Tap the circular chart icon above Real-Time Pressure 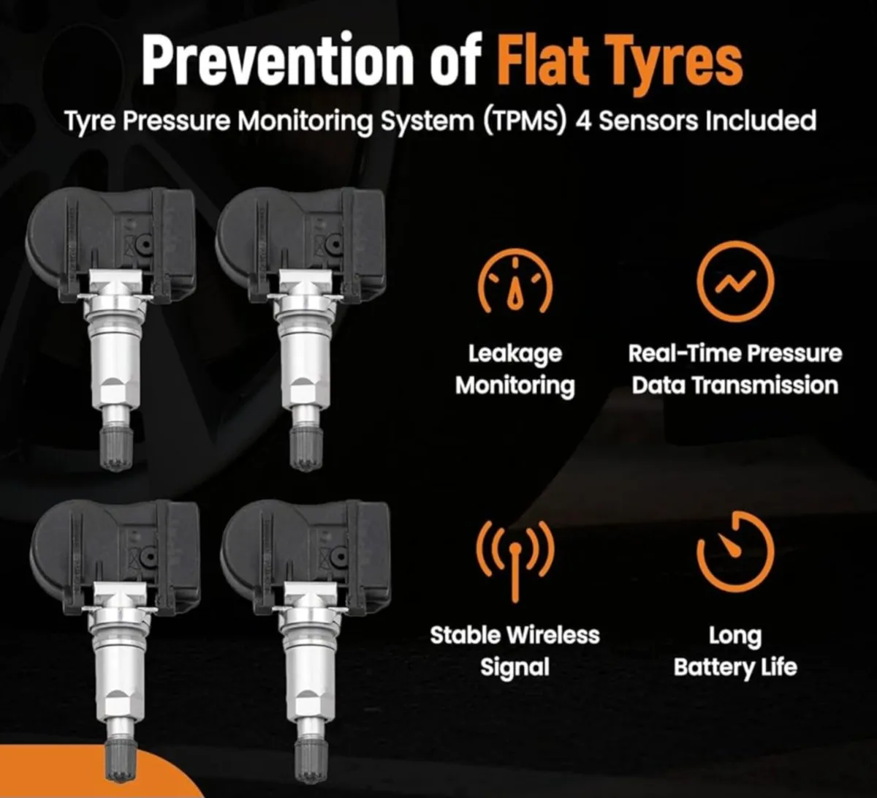pos(734,281)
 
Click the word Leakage pos(515,355)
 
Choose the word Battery pos(708,667)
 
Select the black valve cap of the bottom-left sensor pos(121,761)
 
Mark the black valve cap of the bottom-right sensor pos(310,761)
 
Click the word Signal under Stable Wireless pos(515,667)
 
